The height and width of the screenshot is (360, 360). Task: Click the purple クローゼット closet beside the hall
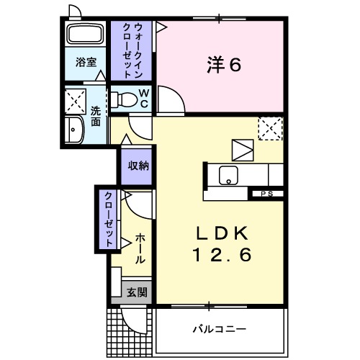coord(107,218)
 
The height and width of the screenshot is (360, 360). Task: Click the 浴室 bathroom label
coord(86,62)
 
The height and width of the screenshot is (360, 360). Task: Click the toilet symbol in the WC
coord(124,98)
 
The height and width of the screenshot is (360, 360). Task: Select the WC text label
coord(143,97)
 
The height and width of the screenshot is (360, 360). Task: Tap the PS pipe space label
coord(266,194)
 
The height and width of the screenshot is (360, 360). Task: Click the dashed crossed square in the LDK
coord(271,129)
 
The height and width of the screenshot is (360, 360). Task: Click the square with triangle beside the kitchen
coord(244,149)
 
